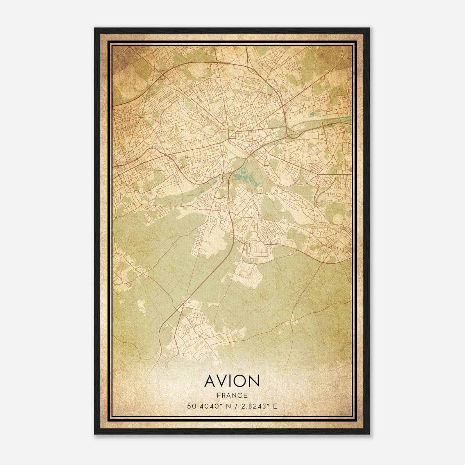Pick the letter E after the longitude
(275, 406)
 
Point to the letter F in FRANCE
(218, 395)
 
